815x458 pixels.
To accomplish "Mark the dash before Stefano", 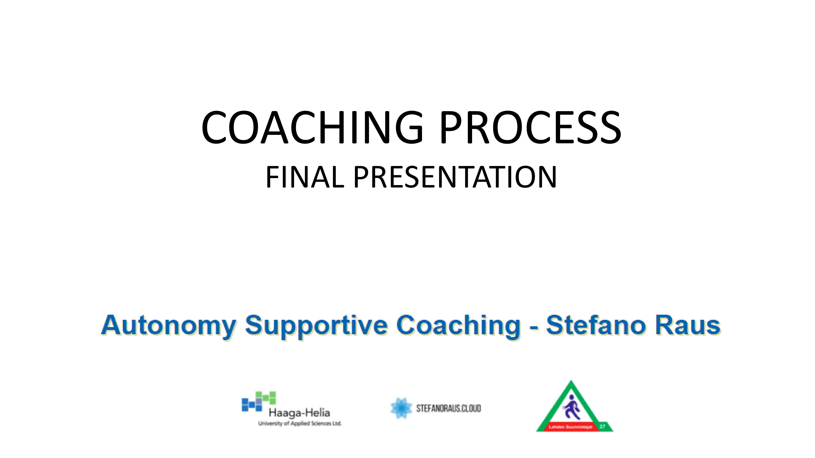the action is tap(534, 328).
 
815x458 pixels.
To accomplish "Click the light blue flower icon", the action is tap(401, 408).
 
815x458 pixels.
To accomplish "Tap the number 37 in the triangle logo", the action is tap(602, 427).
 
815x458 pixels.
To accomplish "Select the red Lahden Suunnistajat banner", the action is tap(568, 427).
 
